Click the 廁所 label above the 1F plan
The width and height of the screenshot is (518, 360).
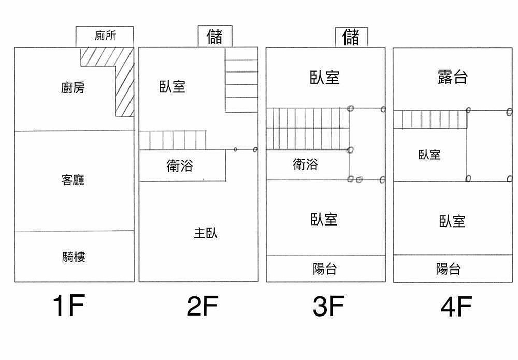coord(105,36)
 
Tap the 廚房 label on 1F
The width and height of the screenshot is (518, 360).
coord(73,88)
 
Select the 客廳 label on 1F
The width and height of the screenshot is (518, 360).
coord(73,180)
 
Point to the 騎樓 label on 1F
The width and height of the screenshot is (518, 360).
coord(73,257)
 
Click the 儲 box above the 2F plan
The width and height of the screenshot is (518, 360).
coord(214,36)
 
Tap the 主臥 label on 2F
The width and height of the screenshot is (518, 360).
coord(206,233)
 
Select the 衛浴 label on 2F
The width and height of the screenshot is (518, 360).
coord(180,166)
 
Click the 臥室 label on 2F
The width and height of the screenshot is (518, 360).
coord(172,86)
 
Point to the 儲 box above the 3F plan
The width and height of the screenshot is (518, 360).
coord(351,36)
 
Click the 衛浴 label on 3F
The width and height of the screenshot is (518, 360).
coord(306,164)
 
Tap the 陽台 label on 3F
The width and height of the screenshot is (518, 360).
coord(325,269)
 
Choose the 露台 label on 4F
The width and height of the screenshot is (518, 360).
coord(452,77)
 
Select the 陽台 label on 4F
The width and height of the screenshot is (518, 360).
coord(448,269)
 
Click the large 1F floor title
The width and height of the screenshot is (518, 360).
coord(68,307)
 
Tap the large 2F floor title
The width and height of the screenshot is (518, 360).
coord(202,307)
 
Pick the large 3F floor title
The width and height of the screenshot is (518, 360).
coord(328,307)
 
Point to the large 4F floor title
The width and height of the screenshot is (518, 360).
coord(456,307)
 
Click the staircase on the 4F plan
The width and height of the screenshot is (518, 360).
coord(430,120)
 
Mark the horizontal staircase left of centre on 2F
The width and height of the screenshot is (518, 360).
coord(174,140)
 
